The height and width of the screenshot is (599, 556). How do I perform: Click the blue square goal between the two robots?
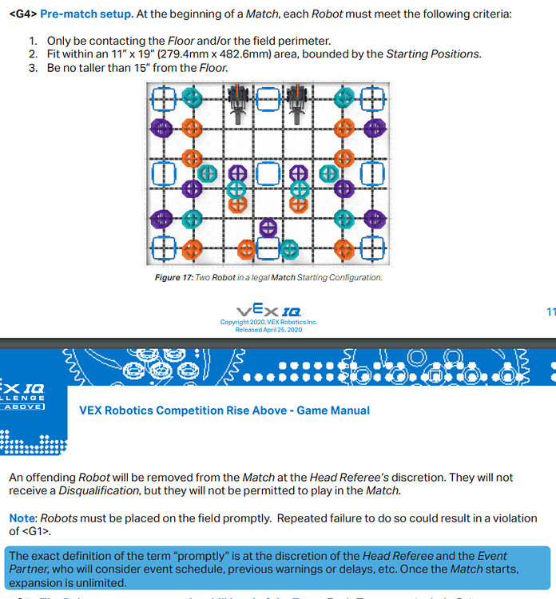(268, 100)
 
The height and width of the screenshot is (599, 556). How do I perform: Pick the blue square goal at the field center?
(268, 173)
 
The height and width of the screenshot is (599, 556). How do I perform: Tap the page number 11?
(550, 311)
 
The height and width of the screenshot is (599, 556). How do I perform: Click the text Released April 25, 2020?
(268, 329)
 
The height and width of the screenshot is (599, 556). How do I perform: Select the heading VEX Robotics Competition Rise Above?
(224, 411)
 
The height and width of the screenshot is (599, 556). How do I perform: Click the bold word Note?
(22, 518)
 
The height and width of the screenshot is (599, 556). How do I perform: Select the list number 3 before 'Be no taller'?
(33, 68)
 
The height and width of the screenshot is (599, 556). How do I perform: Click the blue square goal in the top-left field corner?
(163, 100)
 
